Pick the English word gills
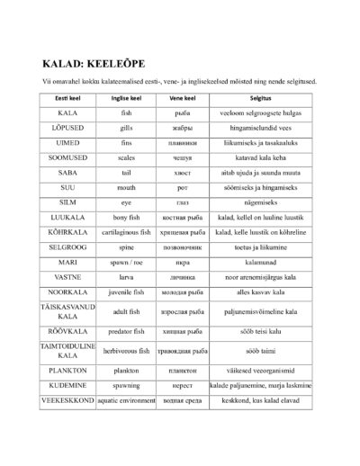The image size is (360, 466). point(126,129)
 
